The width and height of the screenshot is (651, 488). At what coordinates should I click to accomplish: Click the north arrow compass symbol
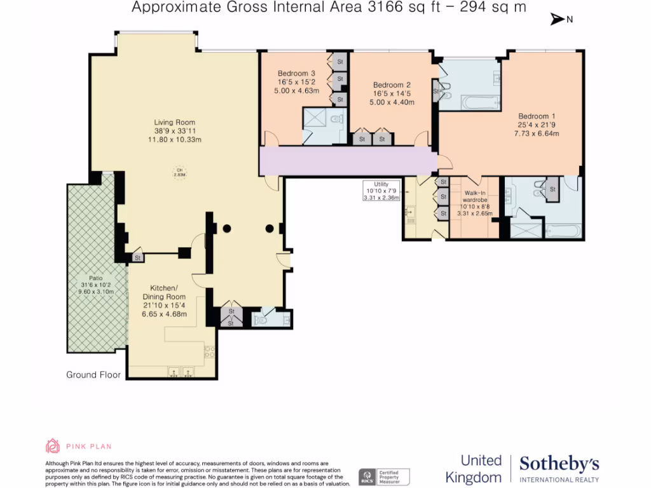pos(558,20)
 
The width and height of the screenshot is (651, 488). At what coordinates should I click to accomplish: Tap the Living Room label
pos(174,123)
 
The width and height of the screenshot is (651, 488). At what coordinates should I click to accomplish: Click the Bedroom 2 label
pos(392,85)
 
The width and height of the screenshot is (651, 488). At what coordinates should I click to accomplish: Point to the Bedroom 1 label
pos(537,116)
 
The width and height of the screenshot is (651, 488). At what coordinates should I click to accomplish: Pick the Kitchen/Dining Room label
pos(163,292)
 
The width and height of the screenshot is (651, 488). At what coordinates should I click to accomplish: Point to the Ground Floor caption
pos(93,375)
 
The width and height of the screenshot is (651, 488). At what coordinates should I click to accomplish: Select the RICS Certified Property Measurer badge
pos(384,477)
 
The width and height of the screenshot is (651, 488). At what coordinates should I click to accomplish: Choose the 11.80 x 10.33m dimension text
pos(174,140)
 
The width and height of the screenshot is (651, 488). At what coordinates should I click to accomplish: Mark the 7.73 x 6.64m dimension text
pos(537,133)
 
